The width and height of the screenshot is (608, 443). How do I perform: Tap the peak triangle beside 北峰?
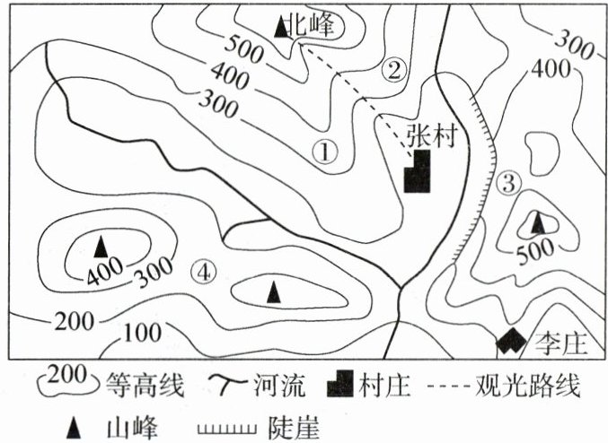pyautogui.click(x=281, y=28)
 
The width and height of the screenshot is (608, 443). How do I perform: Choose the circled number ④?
pyautogui.click(x=206, y=269)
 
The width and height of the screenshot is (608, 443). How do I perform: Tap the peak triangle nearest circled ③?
pyautogui.click(x=537, y=221)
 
